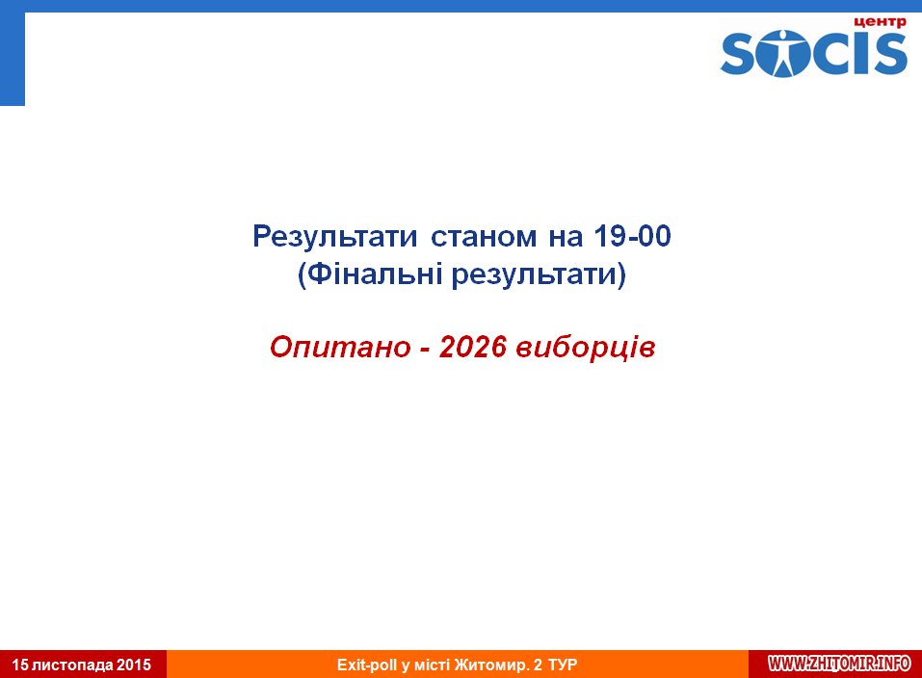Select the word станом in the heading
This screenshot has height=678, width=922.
484,237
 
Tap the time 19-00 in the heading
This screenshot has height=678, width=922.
632,236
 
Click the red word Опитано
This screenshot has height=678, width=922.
340,347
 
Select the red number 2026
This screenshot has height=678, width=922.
472,347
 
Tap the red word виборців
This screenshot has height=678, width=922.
585,347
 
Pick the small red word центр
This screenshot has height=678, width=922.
880,22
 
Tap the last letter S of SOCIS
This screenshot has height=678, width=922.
890,54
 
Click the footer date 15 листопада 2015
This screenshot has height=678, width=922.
82,665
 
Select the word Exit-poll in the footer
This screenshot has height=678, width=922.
367,665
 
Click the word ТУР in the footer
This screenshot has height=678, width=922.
562,665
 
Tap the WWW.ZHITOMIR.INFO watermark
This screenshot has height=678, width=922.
840,664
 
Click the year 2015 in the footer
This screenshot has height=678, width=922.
134,665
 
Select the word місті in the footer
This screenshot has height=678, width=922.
433,665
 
